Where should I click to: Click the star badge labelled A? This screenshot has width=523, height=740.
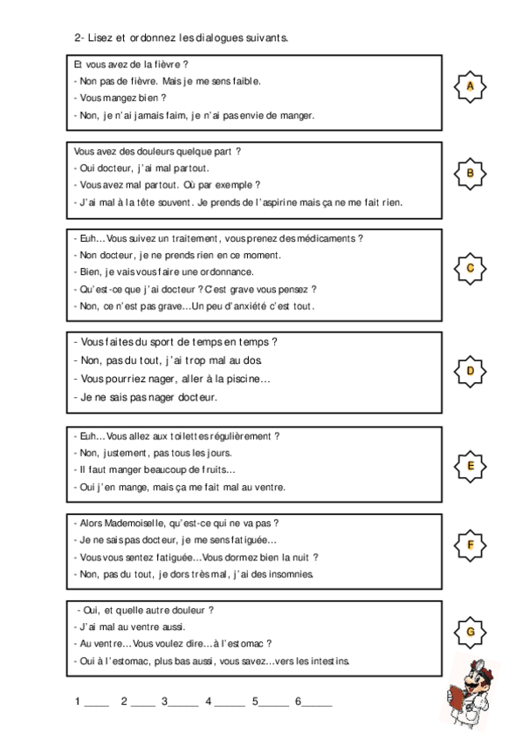pyautogui.click(x=471, y=86)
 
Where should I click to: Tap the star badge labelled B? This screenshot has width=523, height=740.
pyautogui.click(x=471, y=173)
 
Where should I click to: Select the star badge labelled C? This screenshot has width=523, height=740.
pyautogui.click(x=471, y=268)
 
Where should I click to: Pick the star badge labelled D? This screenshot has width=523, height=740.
pyautogui.click(x=471, y=371)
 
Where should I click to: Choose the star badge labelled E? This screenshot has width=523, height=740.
pyautogui.click(x=471, y=466)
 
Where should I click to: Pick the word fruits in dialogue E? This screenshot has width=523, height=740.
pyautogui.click(x=217, y=469)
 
